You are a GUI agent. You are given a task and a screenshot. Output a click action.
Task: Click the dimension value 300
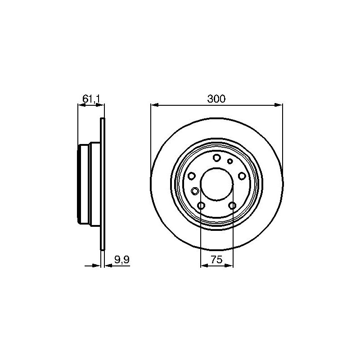click(216, 99)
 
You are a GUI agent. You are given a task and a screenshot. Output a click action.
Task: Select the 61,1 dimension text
click(91, 99)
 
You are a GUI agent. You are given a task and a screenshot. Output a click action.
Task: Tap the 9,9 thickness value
click(122, 260)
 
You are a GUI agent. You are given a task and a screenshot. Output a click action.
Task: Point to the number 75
click(216, 260)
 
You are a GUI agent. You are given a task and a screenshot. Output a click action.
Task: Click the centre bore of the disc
click(217, 184)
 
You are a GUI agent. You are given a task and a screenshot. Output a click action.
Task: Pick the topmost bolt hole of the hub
click(217, 158)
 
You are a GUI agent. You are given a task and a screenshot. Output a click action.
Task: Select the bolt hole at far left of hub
click(191, 176)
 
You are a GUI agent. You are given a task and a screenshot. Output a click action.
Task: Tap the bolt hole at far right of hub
click(242, 176)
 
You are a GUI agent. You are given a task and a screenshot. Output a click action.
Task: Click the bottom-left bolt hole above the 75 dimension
click(201, 206)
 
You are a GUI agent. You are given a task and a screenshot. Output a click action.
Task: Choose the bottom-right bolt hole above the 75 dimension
click(232, 206)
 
